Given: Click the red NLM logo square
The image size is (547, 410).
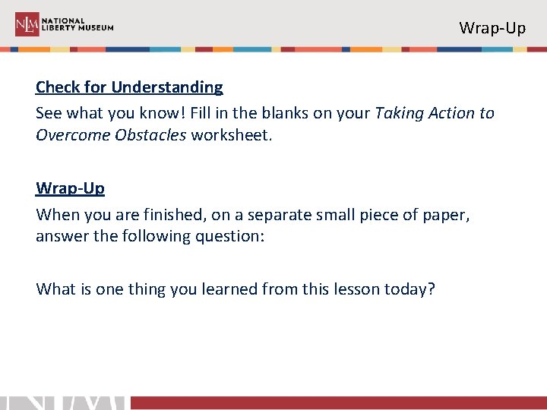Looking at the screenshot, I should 27,24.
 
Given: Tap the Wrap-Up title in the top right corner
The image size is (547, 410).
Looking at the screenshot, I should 492,28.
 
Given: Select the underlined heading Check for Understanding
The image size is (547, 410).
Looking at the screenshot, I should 129,87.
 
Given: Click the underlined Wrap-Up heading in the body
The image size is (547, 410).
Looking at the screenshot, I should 70,188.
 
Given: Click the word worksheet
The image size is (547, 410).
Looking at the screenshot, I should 227,134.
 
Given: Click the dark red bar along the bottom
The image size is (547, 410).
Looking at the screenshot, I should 338,402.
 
